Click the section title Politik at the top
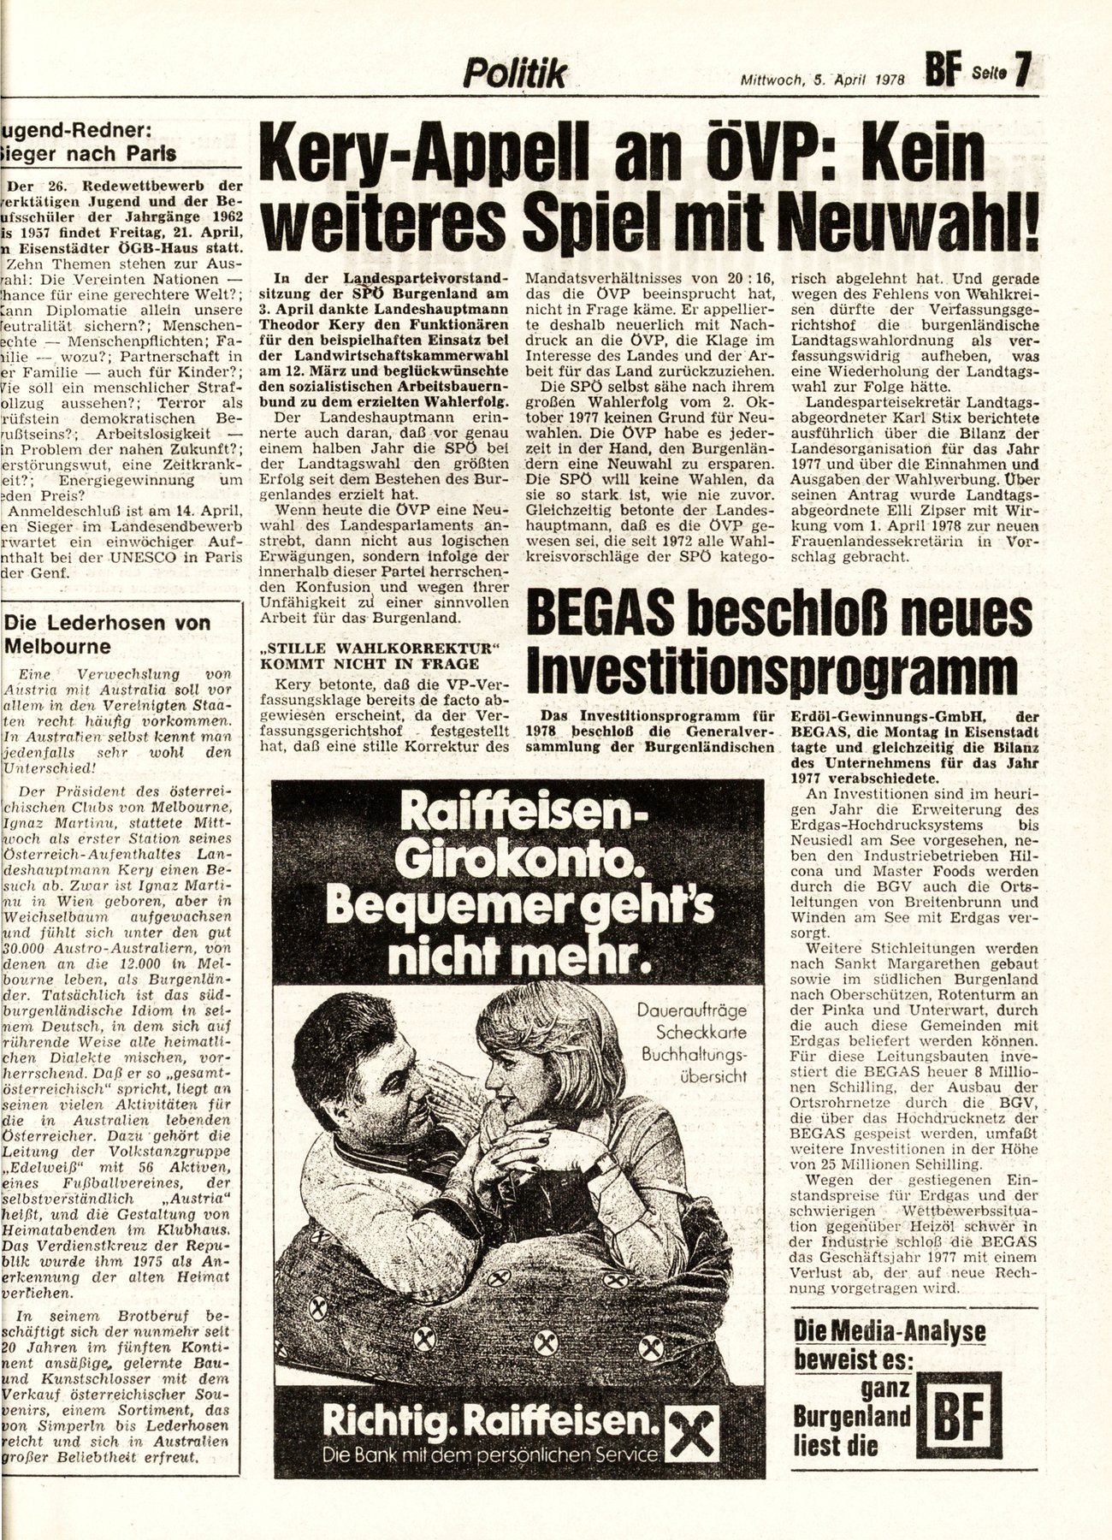tap(515, 75)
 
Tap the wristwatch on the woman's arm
tap(605, 1164)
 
